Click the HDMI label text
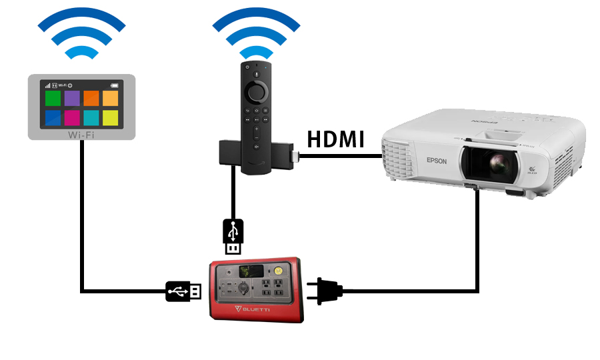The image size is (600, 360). pos(335,140)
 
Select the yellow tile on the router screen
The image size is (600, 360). pos(111,119)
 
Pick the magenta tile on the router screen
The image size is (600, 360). pos(72,119)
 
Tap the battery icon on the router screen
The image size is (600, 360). pos(115,85)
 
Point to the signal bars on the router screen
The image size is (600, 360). pos(47,85)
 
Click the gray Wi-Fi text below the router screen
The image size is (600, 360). pos(81,134)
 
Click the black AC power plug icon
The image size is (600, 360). pos(326,290)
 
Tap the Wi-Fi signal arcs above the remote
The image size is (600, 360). pos(256,33)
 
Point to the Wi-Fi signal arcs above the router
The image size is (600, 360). pos(81,33)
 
